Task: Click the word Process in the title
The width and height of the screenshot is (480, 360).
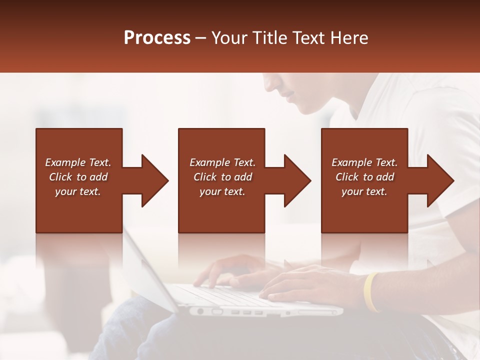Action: [157, 37]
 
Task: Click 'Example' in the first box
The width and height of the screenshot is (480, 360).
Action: [64, 162]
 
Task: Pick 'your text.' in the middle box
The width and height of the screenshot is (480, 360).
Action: [222, 191]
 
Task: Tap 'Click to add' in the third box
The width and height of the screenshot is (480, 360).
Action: [364, 177]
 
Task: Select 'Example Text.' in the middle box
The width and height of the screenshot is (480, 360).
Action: [222, 162]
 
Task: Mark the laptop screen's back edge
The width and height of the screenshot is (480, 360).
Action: [145, 270]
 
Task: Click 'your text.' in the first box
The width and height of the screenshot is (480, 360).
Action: [77, 191]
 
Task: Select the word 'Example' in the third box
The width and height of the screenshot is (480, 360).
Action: [351, 162]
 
